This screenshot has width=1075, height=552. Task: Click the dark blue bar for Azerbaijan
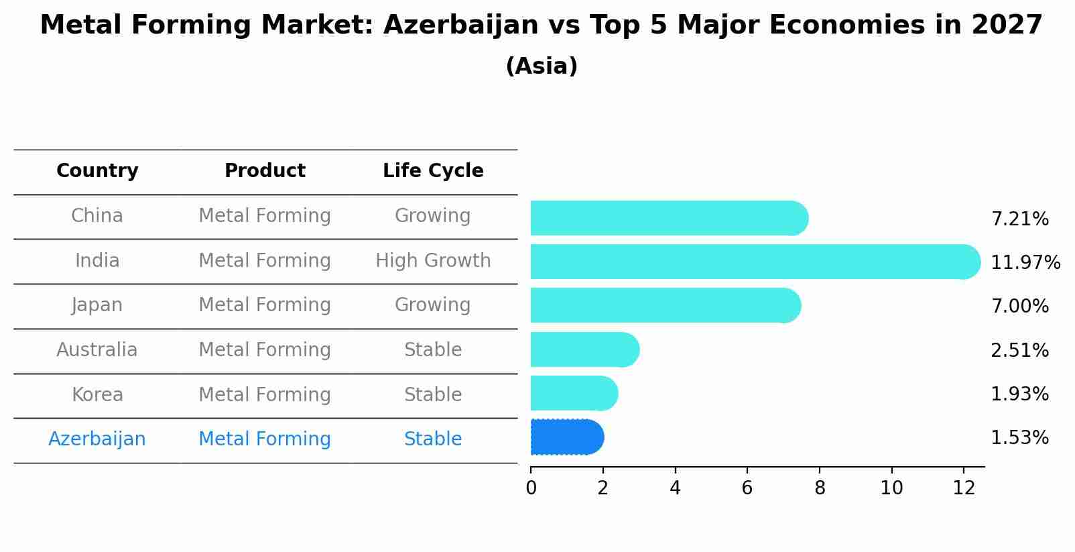[567, 437]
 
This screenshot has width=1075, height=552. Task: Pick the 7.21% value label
[1019, 219]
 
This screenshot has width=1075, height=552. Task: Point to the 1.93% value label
[1019, 394]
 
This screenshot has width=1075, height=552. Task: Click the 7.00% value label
[1019, 307]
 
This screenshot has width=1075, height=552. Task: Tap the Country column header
[97, 171]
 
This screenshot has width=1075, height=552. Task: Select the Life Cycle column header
[433, 171]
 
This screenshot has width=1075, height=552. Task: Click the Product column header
[265, 171]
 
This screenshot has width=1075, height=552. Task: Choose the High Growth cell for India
[433, 261]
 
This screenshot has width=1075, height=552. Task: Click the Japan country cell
[97, 305]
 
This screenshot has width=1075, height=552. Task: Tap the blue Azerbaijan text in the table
[97, 439]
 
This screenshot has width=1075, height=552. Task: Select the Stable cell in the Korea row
[433, 395]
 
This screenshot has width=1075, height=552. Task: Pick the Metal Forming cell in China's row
[265, 216]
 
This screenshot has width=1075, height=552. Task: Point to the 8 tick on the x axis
[820, 488]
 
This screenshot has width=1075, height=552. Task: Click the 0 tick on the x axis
[531, 488]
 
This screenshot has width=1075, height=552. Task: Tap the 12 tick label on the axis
[964, 488]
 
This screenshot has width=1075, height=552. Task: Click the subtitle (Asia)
[542, 66]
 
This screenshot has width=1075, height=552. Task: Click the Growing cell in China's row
[433, 216]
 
